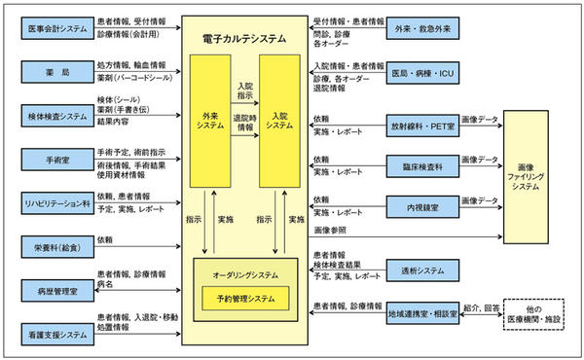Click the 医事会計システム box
[55, 28]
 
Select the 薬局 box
[55, 72]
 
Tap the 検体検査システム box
[55, 116]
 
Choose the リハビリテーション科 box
[55, 204]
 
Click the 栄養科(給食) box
[55, 247]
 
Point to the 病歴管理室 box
[55, 290]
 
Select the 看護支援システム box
[55, 334]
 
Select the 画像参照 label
[329, 231]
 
